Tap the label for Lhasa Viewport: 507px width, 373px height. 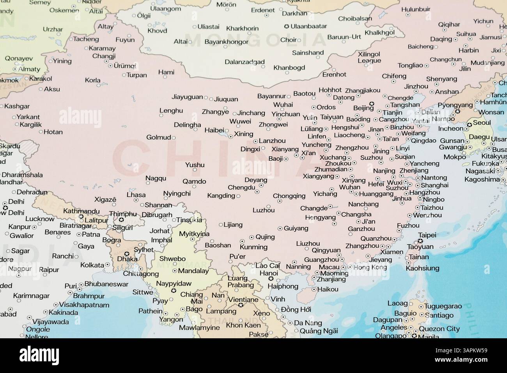[136, 195]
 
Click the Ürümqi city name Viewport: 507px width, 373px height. [125, 66]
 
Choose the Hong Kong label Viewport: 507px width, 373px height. [370, 267]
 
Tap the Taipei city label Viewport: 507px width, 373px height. [427, 235]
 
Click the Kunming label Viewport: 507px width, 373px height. [253, 247]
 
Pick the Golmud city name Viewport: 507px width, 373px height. [158, 137]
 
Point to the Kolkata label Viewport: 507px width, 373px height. [92, 265]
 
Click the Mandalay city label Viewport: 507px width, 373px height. [193, 271]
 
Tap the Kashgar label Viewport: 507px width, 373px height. [17, 106]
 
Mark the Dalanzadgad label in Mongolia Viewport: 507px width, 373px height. [245, 62]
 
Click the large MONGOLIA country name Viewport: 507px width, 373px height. [255, 40]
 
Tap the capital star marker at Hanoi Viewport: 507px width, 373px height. [270, 280]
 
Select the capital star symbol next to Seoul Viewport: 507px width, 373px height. [470, 124]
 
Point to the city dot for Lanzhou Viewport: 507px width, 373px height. [255, 142]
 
